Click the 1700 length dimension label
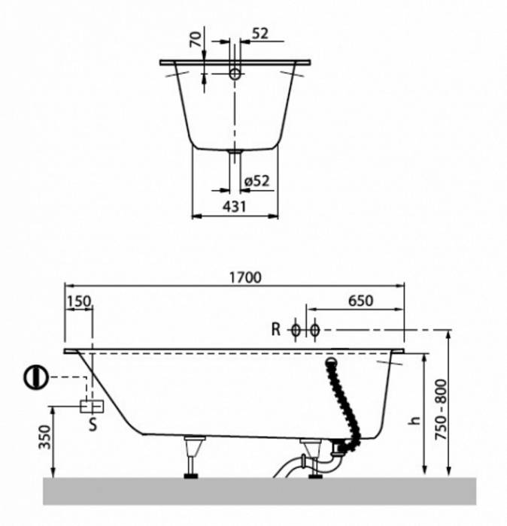pyautogui.click(x=245, y=277)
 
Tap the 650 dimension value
pyautogui.click(x=360, y=301)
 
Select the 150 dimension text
pyautogui.click(x=79, y=301)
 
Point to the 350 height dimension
pyautogui.click(x=45, y=437)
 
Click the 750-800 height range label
pyautogui.click(x=442, y=410)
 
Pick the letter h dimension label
pyautogui.click(x=415, y=421)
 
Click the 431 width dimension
pyautogui.click(x=235, y=207)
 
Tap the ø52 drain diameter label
pyautogui.click(x=257, y=181)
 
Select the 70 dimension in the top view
pyautogui.click(x=196, y=39)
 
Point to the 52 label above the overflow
pyautogui.click(x=260, y=34)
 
